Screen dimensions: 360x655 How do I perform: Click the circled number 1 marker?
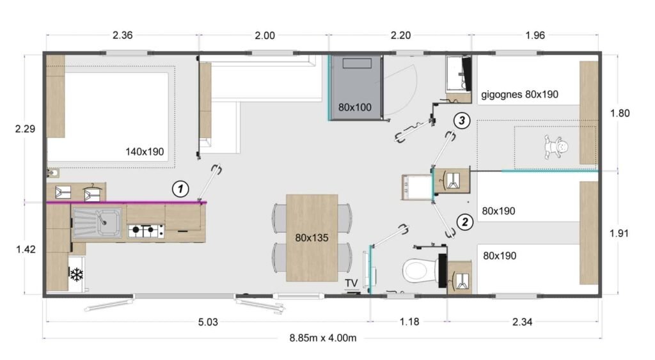pos(182,189)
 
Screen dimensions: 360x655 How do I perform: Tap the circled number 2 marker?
pos(464,222)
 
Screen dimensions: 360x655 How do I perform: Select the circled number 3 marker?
pos(462,120)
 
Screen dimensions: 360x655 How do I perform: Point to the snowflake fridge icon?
pos(76,275)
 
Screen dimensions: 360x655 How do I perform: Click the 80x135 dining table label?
pos(312,238)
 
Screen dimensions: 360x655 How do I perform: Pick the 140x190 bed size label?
pos(145,152)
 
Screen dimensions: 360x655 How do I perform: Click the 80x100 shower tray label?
pos(355,107)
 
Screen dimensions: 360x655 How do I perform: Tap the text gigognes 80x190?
pos(519,94)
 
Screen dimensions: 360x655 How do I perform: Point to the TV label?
pos(351,283)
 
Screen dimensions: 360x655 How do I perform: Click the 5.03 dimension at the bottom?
pos(208,322)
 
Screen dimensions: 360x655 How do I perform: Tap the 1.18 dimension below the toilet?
pos(409,322)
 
